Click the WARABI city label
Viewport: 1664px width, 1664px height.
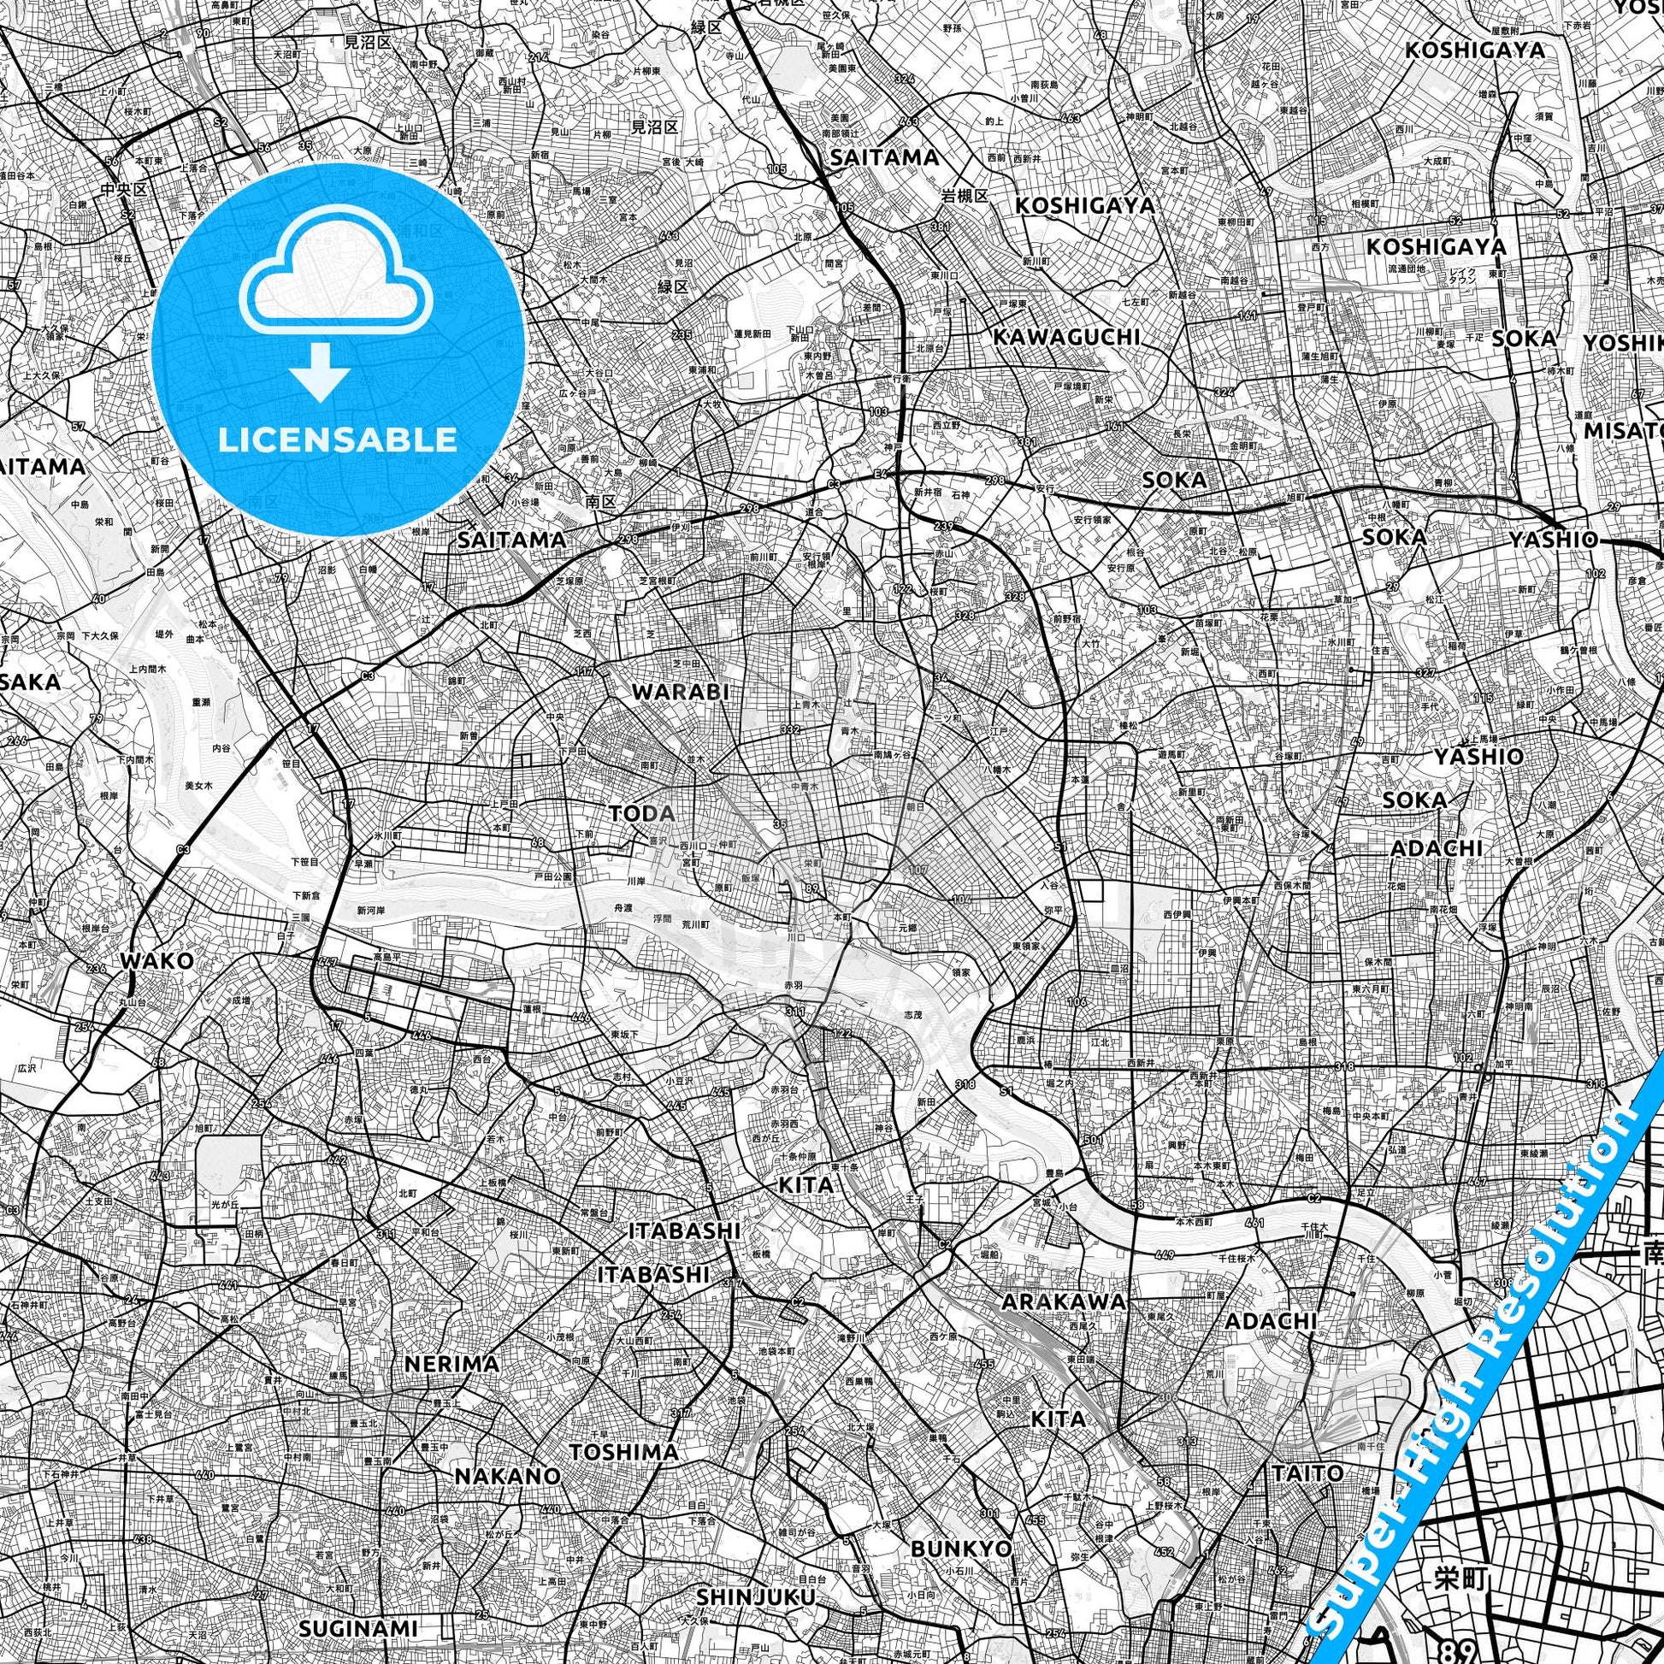681,692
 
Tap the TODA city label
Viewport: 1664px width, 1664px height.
641,813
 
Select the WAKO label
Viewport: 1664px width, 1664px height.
156,960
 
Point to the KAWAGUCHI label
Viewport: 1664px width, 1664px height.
1066,337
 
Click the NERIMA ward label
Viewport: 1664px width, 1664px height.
451,1363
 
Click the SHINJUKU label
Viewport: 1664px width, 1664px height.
755,1597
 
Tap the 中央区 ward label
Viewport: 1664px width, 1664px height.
124,190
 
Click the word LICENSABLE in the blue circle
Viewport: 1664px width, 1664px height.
338,440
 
